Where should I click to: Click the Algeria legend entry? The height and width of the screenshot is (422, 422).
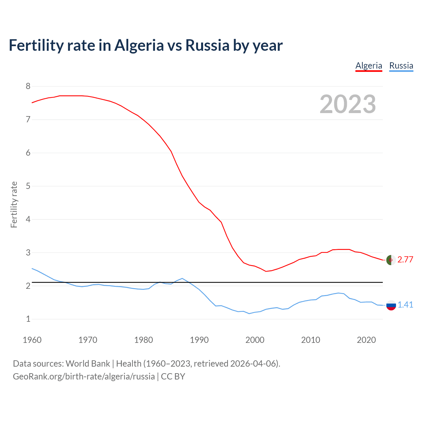pos(369,66)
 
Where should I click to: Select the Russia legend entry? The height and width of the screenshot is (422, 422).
pos(401,66)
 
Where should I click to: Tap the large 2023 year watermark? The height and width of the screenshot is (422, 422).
pos(348,104)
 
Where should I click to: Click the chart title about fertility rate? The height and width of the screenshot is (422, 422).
pos(145,45)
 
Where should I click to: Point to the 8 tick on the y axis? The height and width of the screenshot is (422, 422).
pos(28,86)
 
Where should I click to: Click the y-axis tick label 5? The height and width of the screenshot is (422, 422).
pos(28,186)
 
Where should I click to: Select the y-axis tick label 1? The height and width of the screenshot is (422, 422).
pos(28,319)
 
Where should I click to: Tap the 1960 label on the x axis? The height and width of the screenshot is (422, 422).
pos(32,340)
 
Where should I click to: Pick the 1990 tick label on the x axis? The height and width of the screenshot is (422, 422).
pos(199,340)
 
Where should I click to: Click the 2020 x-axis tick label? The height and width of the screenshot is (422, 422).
pos(366,340)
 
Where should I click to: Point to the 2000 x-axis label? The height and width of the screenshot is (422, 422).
pos(255,340)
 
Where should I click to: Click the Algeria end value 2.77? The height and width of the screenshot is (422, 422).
pos(405,260)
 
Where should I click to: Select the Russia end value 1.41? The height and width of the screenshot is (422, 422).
pos(405,305)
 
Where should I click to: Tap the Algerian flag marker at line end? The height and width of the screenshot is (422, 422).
pos(391,260)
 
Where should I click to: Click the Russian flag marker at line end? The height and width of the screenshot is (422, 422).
pos(391,305)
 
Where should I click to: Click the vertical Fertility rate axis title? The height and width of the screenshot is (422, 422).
pos(14,204)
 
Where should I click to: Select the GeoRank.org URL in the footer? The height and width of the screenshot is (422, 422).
pos(84,377)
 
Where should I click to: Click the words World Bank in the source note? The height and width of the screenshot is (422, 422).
pos(88,364)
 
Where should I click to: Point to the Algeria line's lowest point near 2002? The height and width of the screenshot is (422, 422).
pos(266,271)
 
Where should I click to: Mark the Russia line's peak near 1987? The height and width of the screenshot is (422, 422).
pos(182,278)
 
